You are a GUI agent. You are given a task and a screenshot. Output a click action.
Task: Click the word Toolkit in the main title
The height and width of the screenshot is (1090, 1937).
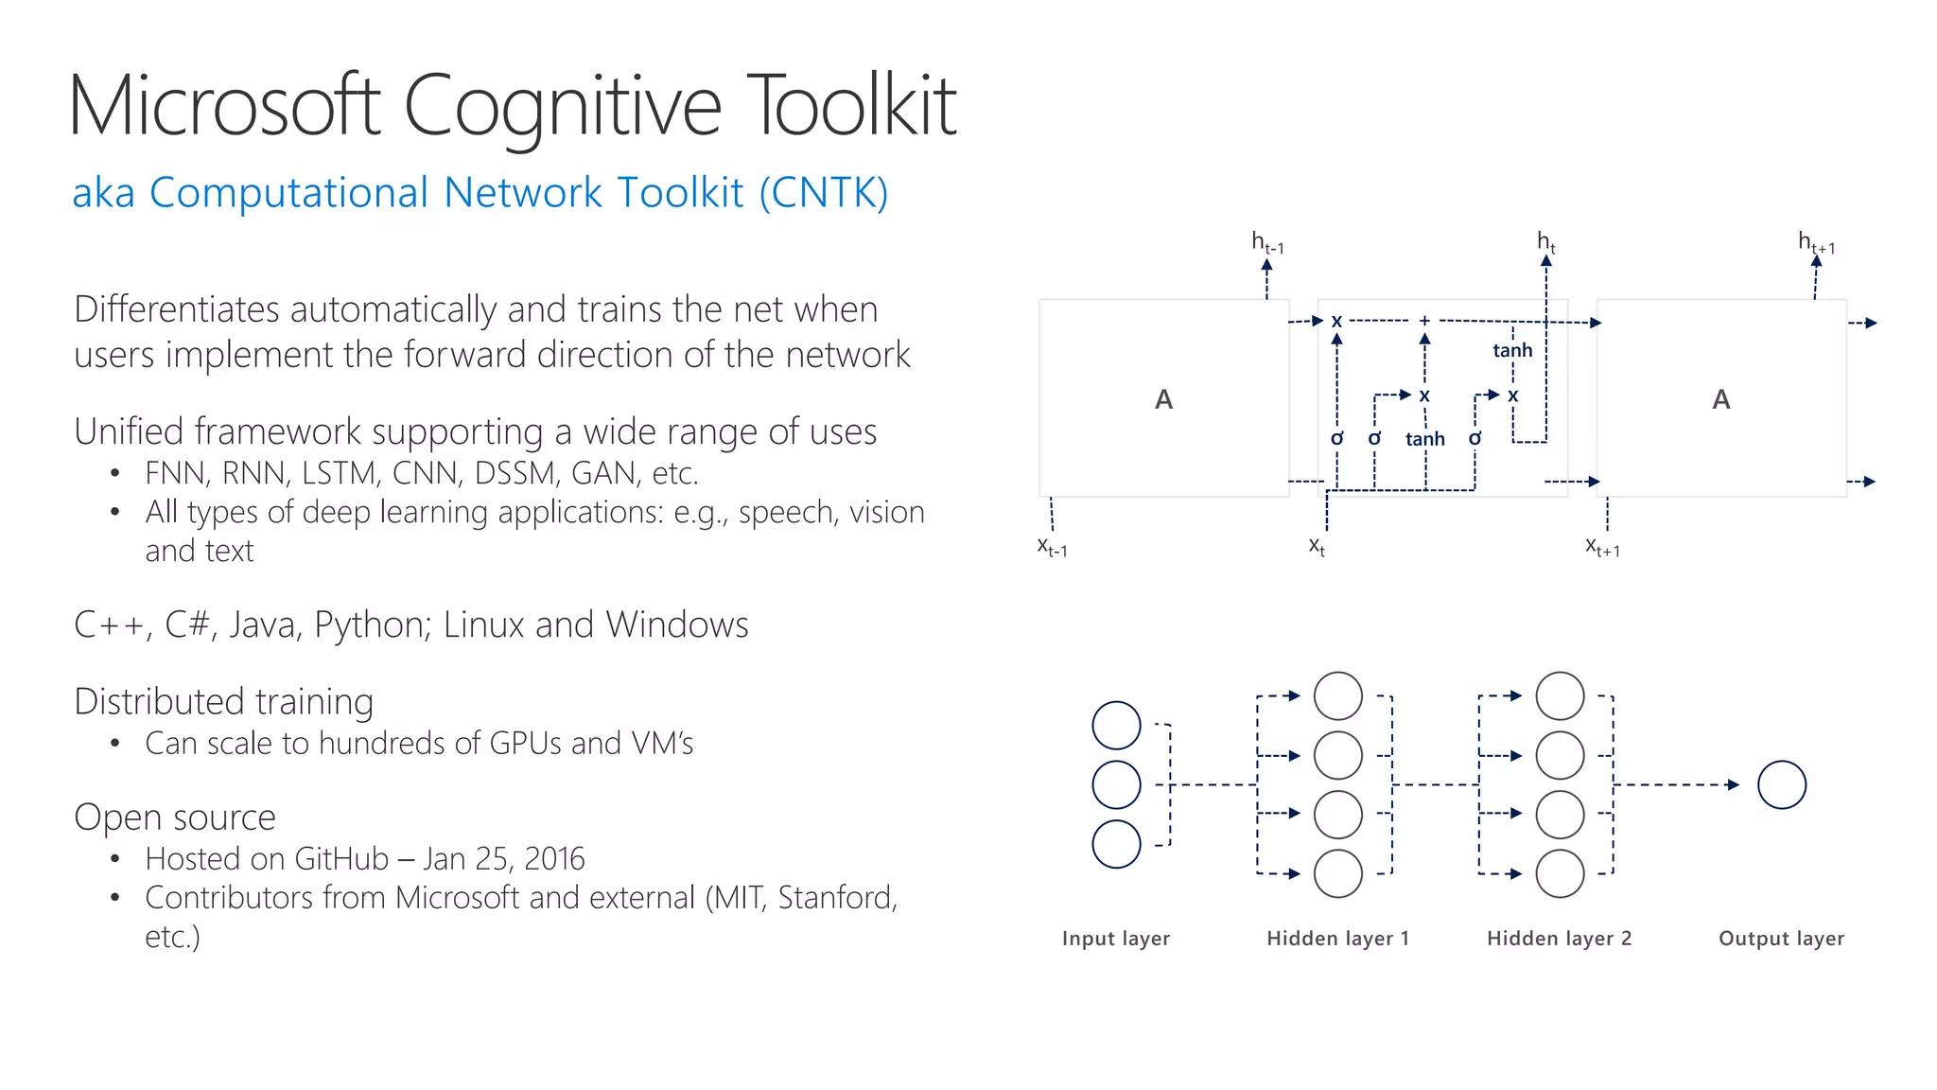(x=851, y=106)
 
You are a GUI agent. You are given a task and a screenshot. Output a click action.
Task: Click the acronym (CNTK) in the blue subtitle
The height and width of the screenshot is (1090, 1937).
(x=823, y=193)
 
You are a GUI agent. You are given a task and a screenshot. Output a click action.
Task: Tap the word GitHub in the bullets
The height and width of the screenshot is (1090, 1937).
(x=341, y=859)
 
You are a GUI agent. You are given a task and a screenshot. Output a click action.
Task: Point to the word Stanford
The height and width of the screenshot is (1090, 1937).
(x=836, y=898)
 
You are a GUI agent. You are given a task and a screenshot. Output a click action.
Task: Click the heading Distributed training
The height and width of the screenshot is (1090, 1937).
(x=224, y=702)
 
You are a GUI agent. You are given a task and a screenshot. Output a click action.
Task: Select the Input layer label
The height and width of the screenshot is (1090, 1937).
(x=1116, y=939)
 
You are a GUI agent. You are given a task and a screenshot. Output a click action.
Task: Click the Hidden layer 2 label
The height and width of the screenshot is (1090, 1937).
(x=1559, y=939)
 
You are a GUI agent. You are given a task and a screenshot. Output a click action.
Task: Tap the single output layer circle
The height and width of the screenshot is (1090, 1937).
(x=1782, y=785)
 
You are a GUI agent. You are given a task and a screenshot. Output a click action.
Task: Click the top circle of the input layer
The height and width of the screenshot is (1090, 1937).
(x=1116, y=726)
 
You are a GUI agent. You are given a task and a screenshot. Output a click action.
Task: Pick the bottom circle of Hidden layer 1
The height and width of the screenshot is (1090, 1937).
(x=1338, y=873)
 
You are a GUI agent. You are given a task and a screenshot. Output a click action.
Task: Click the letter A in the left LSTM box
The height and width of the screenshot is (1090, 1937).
(x=1164, y=399)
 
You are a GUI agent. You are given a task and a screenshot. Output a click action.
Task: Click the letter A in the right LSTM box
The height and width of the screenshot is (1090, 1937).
(x=1721, y=399)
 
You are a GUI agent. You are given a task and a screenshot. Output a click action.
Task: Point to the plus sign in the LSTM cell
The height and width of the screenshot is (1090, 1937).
(x=1424, y=322)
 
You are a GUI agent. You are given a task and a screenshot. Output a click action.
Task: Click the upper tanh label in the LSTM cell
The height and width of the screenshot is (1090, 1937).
(x=1512, y=351)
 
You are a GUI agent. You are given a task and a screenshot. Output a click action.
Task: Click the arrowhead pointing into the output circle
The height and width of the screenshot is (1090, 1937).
(x=1733, y=784)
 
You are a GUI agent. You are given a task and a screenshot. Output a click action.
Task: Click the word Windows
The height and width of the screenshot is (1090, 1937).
(x=677, y=625)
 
